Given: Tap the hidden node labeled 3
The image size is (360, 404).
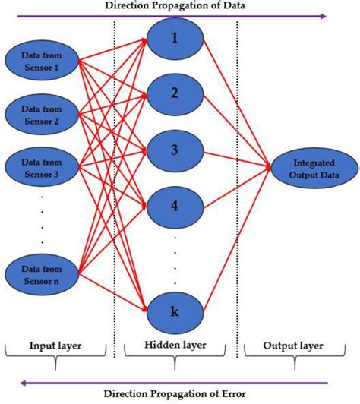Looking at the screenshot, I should point(175,149).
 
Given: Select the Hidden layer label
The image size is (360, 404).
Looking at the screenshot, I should point(175,347).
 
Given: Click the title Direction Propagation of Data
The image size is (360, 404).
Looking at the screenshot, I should point(179,5).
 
